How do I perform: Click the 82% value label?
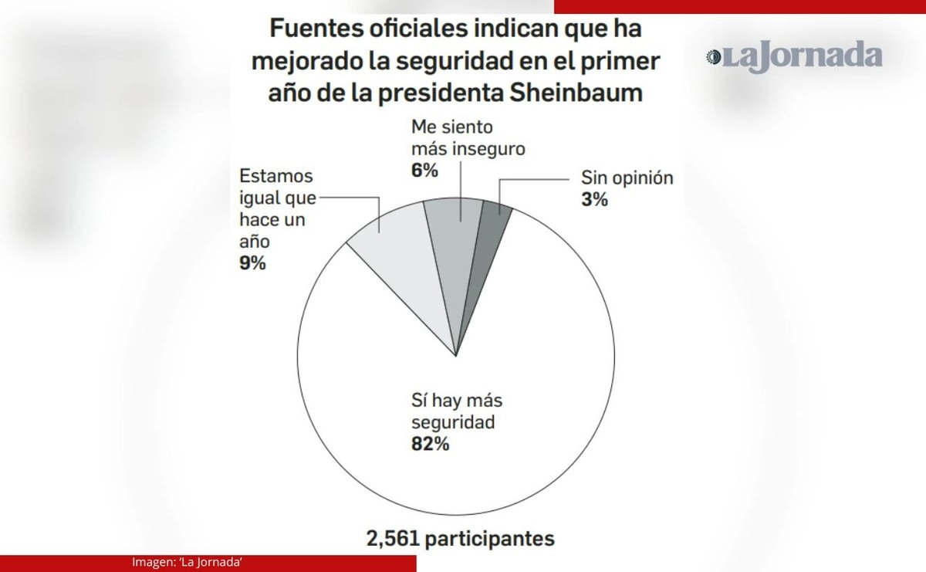coord(430,445)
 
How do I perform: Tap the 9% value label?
coord(252,263)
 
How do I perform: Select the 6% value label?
coord(424,171)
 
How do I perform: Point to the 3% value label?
coord(594,200)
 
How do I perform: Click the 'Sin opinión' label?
coord(627,178)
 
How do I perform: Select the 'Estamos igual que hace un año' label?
coord(277,208)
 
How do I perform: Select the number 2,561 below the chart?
coord(390,538)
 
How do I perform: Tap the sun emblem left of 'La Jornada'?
coord(714,56)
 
